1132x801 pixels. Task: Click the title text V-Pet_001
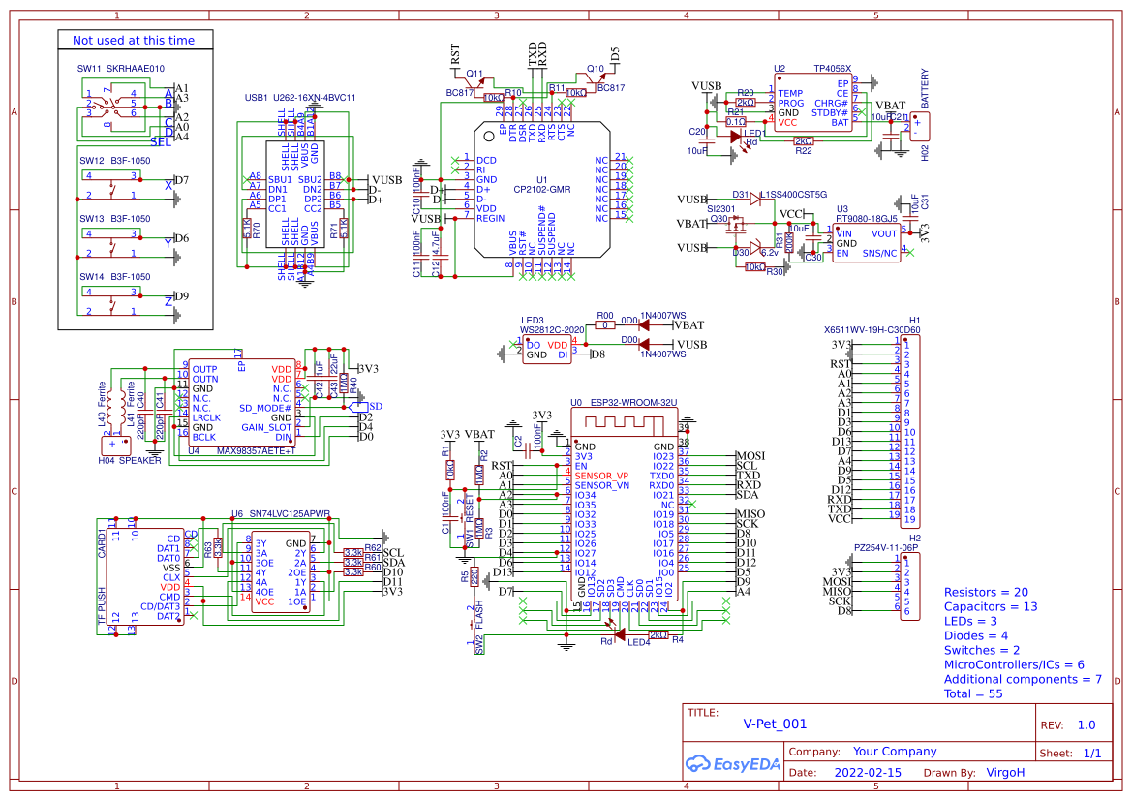775,724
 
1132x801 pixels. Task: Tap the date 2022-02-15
867,773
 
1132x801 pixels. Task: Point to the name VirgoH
1005,773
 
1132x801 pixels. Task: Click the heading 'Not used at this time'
134,41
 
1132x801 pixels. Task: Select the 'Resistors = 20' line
986,592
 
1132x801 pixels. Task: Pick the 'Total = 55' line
973,693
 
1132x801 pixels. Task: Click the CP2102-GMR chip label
541,190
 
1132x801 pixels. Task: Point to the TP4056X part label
832,69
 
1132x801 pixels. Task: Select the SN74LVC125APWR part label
290,514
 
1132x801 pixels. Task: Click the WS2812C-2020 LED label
552,329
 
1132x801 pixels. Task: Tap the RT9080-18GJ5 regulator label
868,219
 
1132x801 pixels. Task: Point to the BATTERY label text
925,88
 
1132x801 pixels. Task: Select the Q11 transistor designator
474,74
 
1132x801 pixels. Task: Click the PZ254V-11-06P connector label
886,547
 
